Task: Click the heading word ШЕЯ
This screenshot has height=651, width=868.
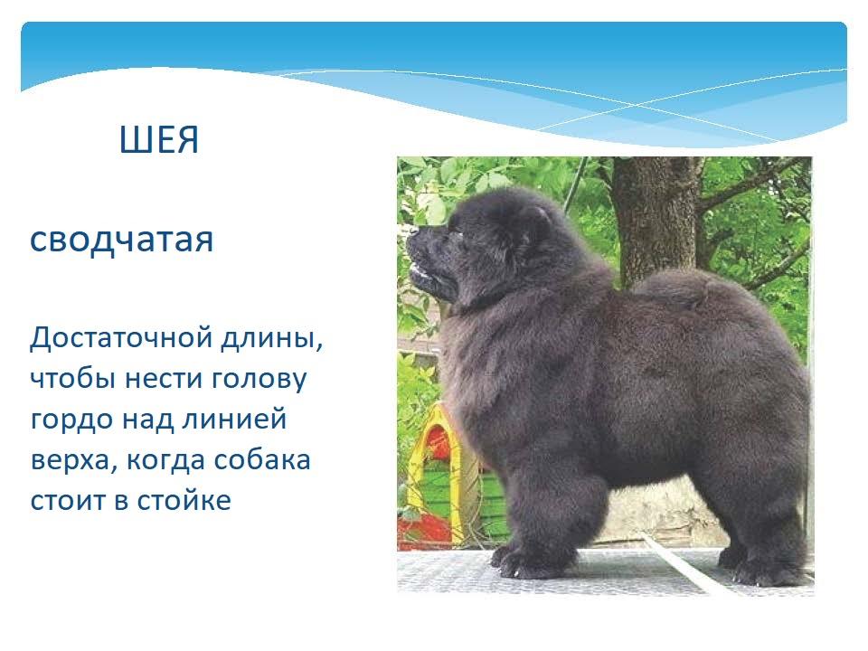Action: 159,139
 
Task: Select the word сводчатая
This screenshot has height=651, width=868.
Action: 121,241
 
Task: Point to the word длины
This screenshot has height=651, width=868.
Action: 272,339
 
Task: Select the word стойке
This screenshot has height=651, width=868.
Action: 184,500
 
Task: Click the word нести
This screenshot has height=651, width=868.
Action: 165,379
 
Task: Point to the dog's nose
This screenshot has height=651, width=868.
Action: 412,233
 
